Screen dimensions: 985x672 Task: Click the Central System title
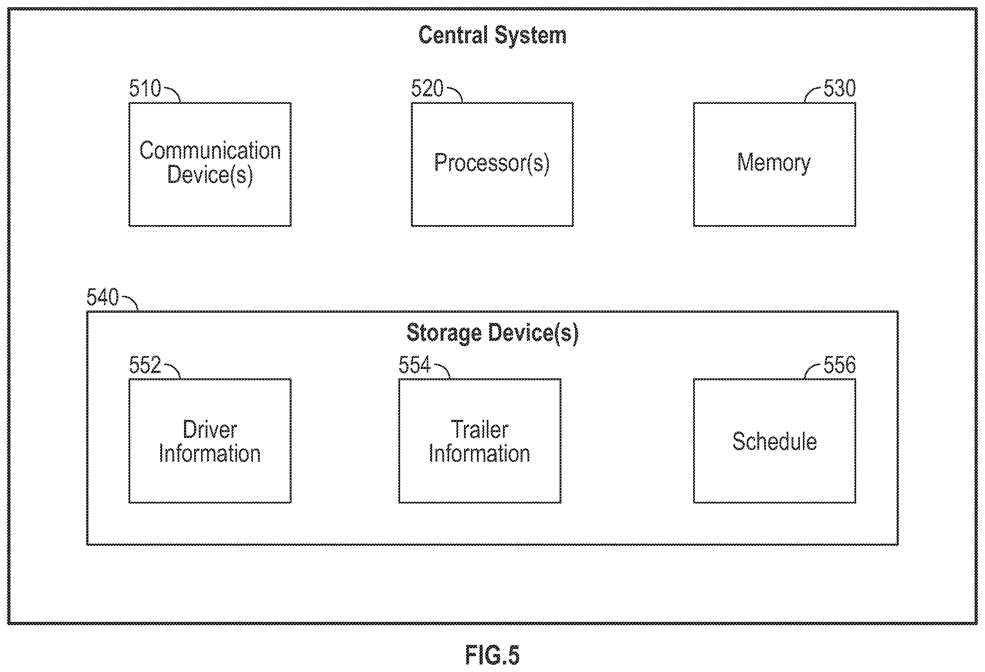492,35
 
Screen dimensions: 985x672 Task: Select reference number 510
145,88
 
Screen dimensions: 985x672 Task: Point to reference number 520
427,88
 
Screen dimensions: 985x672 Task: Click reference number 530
839,88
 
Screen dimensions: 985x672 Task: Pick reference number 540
102,297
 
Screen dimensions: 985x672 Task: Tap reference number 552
145,365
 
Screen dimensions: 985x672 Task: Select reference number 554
414,365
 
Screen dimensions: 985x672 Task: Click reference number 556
839,365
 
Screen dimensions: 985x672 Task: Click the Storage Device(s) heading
492,333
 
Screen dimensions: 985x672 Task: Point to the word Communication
210,150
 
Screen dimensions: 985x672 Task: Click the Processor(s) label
492,163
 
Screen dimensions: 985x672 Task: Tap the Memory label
774,163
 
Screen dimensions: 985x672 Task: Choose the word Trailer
480,429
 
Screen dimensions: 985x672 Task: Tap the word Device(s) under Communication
210,175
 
